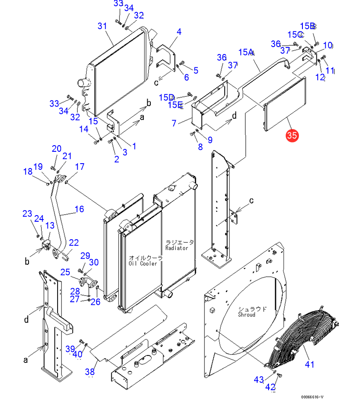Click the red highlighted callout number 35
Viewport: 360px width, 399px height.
tap(292, 135)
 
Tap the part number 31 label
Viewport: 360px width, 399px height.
tap(102, 26)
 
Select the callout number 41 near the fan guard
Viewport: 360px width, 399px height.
tap(310, 364)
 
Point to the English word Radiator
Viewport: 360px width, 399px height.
tap(177, 248)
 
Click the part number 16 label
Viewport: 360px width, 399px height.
tap(79, 209)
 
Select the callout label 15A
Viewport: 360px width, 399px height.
tap(247, 52)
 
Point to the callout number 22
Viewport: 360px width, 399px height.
tap(73, 242)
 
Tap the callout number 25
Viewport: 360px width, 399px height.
tap(65, 272)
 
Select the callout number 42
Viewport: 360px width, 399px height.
tap(270, 387)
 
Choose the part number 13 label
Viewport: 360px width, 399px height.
tap(50, 225)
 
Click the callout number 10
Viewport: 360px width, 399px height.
tap(327, 45)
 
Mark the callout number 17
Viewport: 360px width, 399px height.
tap(80, 167)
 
